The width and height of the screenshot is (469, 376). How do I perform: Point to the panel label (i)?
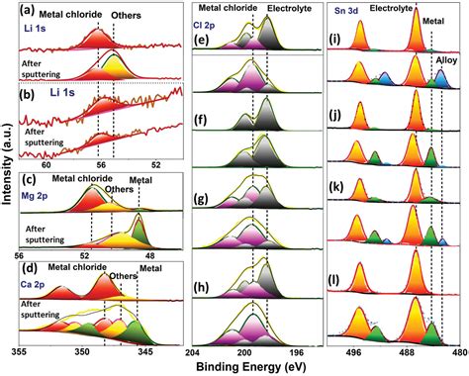coord(336,42)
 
